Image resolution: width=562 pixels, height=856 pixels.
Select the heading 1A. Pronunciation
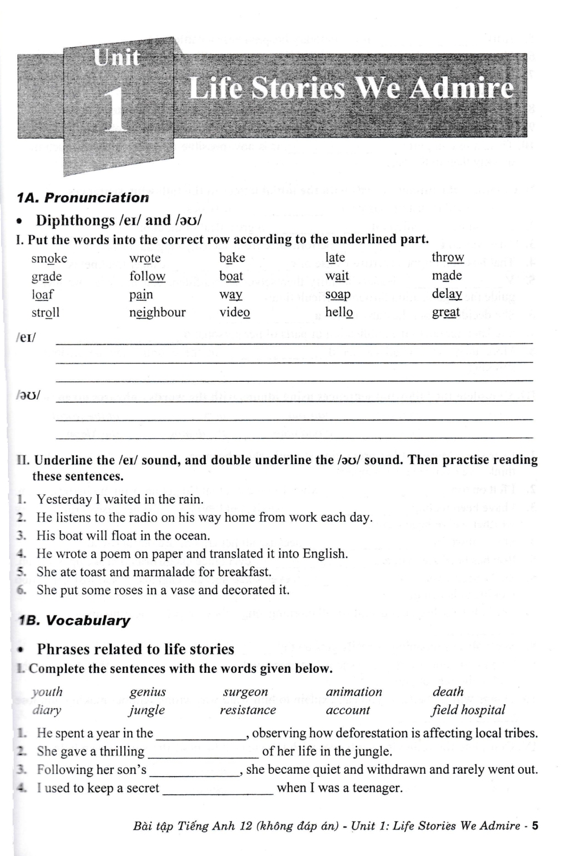[x=83, y=198]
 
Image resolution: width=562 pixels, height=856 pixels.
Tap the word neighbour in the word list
[x=157, y=313]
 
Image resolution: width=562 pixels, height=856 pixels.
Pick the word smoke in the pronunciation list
[x=49, y=259]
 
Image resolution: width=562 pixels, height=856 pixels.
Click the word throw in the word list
[x=447, y=257]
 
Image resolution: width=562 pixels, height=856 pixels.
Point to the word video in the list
[x=234, y=313]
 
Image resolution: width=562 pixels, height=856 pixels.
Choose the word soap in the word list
[x=337, y=294]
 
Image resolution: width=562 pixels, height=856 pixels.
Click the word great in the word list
[x=446, y=313]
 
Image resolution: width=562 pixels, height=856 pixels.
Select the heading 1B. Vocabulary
[x=74, y=621]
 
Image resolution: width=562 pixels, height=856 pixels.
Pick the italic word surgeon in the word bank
[x=245, y=692]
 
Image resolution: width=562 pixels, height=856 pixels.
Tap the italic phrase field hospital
[x=468, y=710]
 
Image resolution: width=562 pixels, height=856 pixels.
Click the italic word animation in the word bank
[x=354, y=692]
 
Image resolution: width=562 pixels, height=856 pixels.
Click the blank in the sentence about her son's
[x=194, y=770]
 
